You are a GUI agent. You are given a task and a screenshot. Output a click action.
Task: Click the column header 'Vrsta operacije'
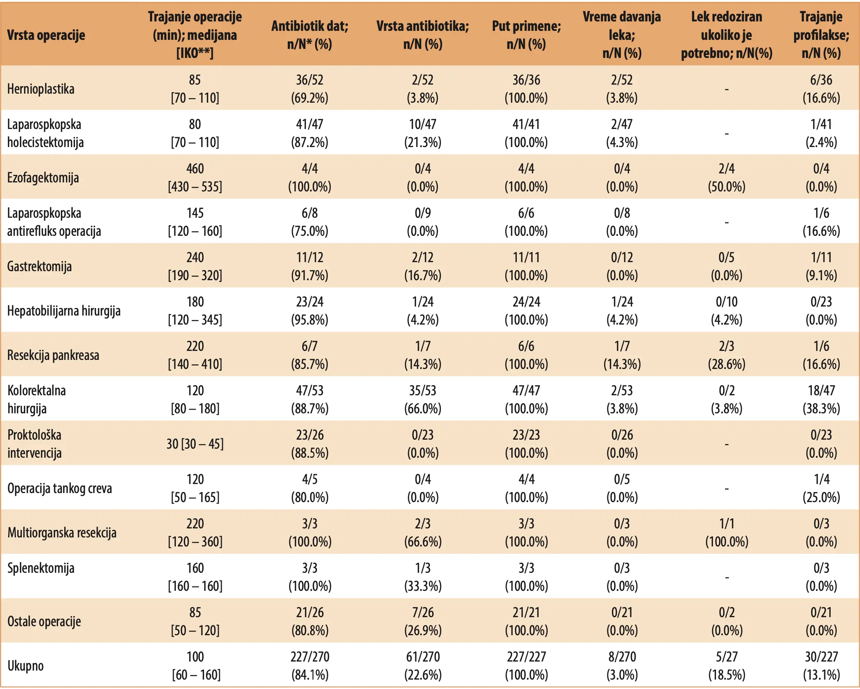46,35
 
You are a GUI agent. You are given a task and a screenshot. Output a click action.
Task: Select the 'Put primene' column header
527,35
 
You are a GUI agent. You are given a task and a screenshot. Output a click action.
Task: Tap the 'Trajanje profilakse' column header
821,35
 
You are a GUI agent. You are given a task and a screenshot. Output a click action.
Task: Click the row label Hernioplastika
41,89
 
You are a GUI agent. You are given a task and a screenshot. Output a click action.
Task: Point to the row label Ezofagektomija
43,177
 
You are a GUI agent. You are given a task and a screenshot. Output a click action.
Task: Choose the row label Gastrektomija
39,266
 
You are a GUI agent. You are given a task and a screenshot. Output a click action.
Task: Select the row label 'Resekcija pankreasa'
53,355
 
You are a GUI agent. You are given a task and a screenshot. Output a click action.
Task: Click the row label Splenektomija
41,568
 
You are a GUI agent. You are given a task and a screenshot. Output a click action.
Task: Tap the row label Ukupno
26,666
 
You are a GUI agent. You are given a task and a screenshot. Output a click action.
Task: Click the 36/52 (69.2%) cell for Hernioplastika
310,89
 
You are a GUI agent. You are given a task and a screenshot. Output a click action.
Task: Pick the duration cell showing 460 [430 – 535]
195,177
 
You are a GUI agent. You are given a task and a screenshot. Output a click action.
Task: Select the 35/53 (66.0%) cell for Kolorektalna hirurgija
423,399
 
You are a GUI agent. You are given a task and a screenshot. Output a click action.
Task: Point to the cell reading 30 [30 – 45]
195,444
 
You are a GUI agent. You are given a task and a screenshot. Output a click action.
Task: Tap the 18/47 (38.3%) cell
821,399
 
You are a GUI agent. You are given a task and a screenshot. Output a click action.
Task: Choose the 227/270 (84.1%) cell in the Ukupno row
310,666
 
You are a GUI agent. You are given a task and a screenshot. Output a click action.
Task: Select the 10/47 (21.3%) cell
423,133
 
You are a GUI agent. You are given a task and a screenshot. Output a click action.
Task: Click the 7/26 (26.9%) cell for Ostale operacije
423,621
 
